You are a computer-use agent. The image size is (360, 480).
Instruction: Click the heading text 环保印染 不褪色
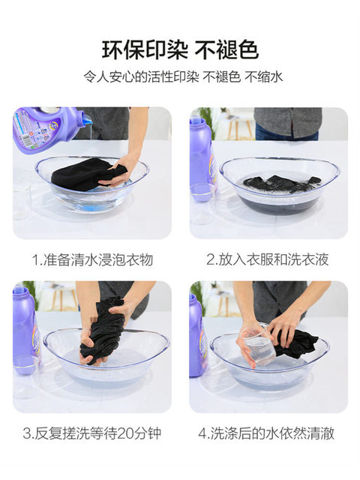click(x=180, y=50)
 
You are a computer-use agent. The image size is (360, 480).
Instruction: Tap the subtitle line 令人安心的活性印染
click(x=142, y=76)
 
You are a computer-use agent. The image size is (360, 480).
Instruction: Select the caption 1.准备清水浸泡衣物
click(x=92, y=260)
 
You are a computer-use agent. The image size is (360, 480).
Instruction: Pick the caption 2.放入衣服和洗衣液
click(x=268, y=259)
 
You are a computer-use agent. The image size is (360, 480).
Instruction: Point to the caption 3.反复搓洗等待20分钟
click(x=92, y=433)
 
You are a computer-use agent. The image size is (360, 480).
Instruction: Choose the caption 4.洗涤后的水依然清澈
click(x=266, y=433)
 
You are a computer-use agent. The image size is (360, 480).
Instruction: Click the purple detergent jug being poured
click(x=48, y=128)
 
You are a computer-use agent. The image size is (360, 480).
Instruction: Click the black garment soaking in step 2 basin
click(x=282, y=184)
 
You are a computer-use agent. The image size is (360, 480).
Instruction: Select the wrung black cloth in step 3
click(x=102, y=331)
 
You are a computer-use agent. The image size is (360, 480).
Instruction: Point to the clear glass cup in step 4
click(x=255, y=343)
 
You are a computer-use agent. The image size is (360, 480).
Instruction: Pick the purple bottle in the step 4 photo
click(x=198, y=334)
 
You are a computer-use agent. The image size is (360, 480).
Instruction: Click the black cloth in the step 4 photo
click(x=296, y=343)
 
